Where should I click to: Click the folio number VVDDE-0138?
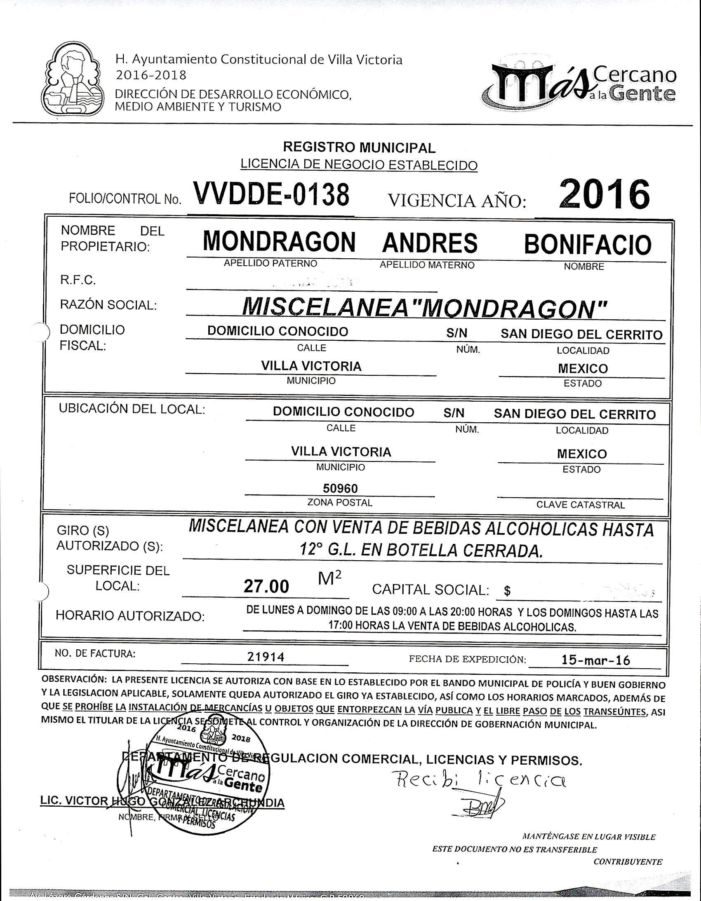tap(271, 194)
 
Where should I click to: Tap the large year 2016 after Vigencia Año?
tap(604, 194)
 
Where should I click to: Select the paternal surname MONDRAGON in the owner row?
tap(279, 242)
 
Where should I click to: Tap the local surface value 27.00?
tap(266, 586)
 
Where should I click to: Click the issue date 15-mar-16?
tap(595, 660)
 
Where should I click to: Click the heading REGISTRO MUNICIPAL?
tap(359, 147)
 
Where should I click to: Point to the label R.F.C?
tap(78, 281)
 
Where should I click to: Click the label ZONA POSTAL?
tap(340, 503)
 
